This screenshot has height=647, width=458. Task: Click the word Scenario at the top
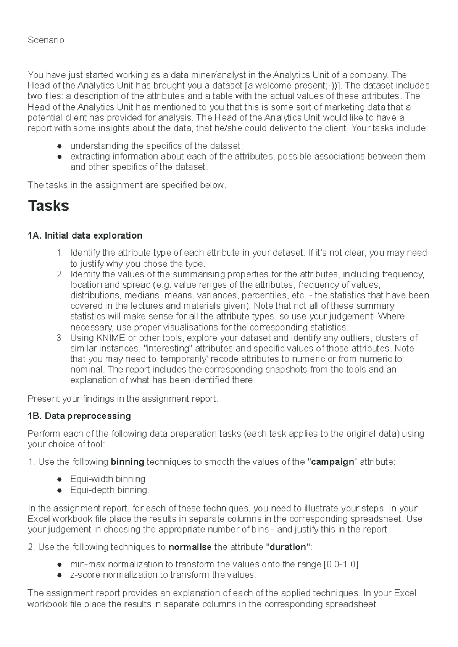(x=46, y=40)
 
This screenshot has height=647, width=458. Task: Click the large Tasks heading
(x=48, y=206)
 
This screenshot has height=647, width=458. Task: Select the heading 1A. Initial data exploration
(x=85, y=235)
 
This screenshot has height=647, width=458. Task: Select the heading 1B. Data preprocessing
(x=79, y=416)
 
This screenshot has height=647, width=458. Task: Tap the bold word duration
(x=288, y=548)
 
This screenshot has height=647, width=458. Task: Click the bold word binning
(x=127, y=462)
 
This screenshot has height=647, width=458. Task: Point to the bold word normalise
(x=190, y=548)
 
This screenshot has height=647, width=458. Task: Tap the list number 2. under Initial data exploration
(x=60, y=274)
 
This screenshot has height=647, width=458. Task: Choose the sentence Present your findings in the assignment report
(x=123, y=399)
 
